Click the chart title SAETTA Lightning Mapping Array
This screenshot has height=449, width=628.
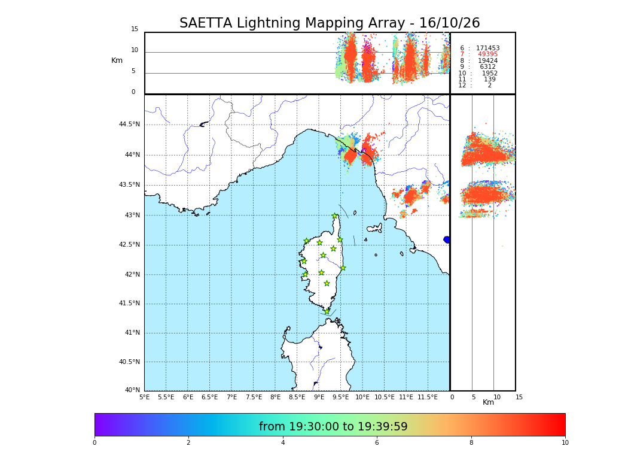(330, 23)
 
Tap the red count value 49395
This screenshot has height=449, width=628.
(487, 54)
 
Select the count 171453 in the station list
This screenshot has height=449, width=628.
(487, 48)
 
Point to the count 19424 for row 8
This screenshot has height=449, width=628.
(487, 61)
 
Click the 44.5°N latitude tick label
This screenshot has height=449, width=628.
(129, 125)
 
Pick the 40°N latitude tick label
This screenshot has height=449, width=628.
(132, 390)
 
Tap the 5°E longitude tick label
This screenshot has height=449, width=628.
(144, 397)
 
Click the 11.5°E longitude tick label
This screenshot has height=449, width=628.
(428, 397)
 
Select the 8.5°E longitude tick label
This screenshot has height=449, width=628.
(297, 397)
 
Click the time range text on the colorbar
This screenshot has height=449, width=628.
(333, 427)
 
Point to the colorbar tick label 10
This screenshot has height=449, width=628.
(565, 443)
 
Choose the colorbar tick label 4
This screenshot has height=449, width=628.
(283, 443)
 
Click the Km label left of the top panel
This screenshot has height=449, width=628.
(117, 60)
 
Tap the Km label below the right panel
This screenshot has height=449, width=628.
(489, 402)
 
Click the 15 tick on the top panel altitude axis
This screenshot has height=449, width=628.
(135, 29)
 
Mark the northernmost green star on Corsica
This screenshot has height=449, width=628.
(335, 216)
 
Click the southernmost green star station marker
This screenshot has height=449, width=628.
(327, 311)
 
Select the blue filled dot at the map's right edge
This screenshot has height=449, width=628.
(447, 239)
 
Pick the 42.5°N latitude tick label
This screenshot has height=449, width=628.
(129, 244)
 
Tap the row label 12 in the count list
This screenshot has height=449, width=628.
(462, 86)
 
